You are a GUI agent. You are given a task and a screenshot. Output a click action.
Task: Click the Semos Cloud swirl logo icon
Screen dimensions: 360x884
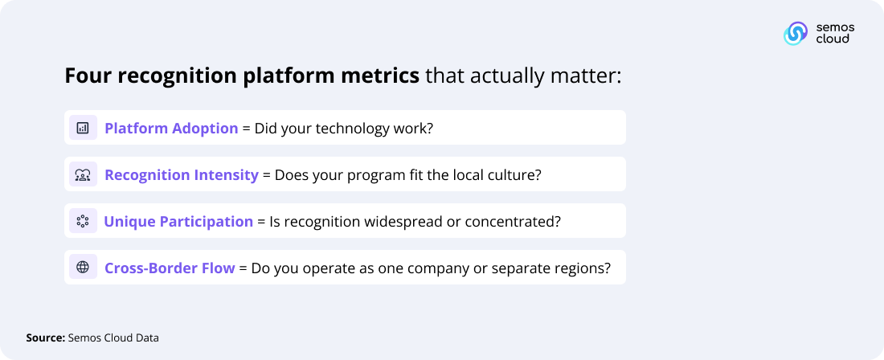(x=796, y=33)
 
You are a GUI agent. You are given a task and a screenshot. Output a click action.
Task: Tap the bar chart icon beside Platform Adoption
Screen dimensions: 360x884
(x=82, y=128)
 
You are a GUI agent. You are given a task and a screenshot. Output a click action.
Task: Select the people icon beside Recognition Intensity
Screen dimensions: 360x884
(x=82, y=174)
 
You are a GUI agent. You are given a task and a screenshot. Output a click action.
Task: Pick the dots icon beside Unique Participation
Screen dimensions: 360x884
(x=82, y=221)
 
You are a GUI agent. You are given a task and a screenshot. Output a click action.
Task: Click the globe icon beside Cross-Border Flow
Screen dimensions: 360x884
(x=82, y=268)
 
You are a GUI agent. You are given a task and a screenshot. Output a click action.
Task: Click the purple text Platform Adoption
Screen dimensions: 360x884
(x=171, y=128)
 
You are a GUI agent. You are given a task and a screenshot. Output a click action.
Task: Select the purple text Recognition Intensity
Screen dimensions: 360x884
(x=182, y=174)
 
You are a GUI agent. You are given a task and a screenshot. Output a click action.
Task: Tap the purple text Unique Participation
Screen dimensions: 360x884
(x=178, y=221)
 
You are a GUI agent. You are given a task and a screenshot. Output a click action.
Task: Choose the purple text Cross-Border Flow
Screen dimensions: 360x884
(x=170, y=268)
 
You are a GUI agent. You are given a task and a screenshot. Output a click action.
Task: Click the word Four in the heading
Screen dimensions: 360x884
(x=87, y=76)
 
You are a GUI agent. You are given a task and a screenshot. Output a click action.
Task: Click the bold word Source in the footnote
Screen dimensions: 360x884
(x=45, y=338)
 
